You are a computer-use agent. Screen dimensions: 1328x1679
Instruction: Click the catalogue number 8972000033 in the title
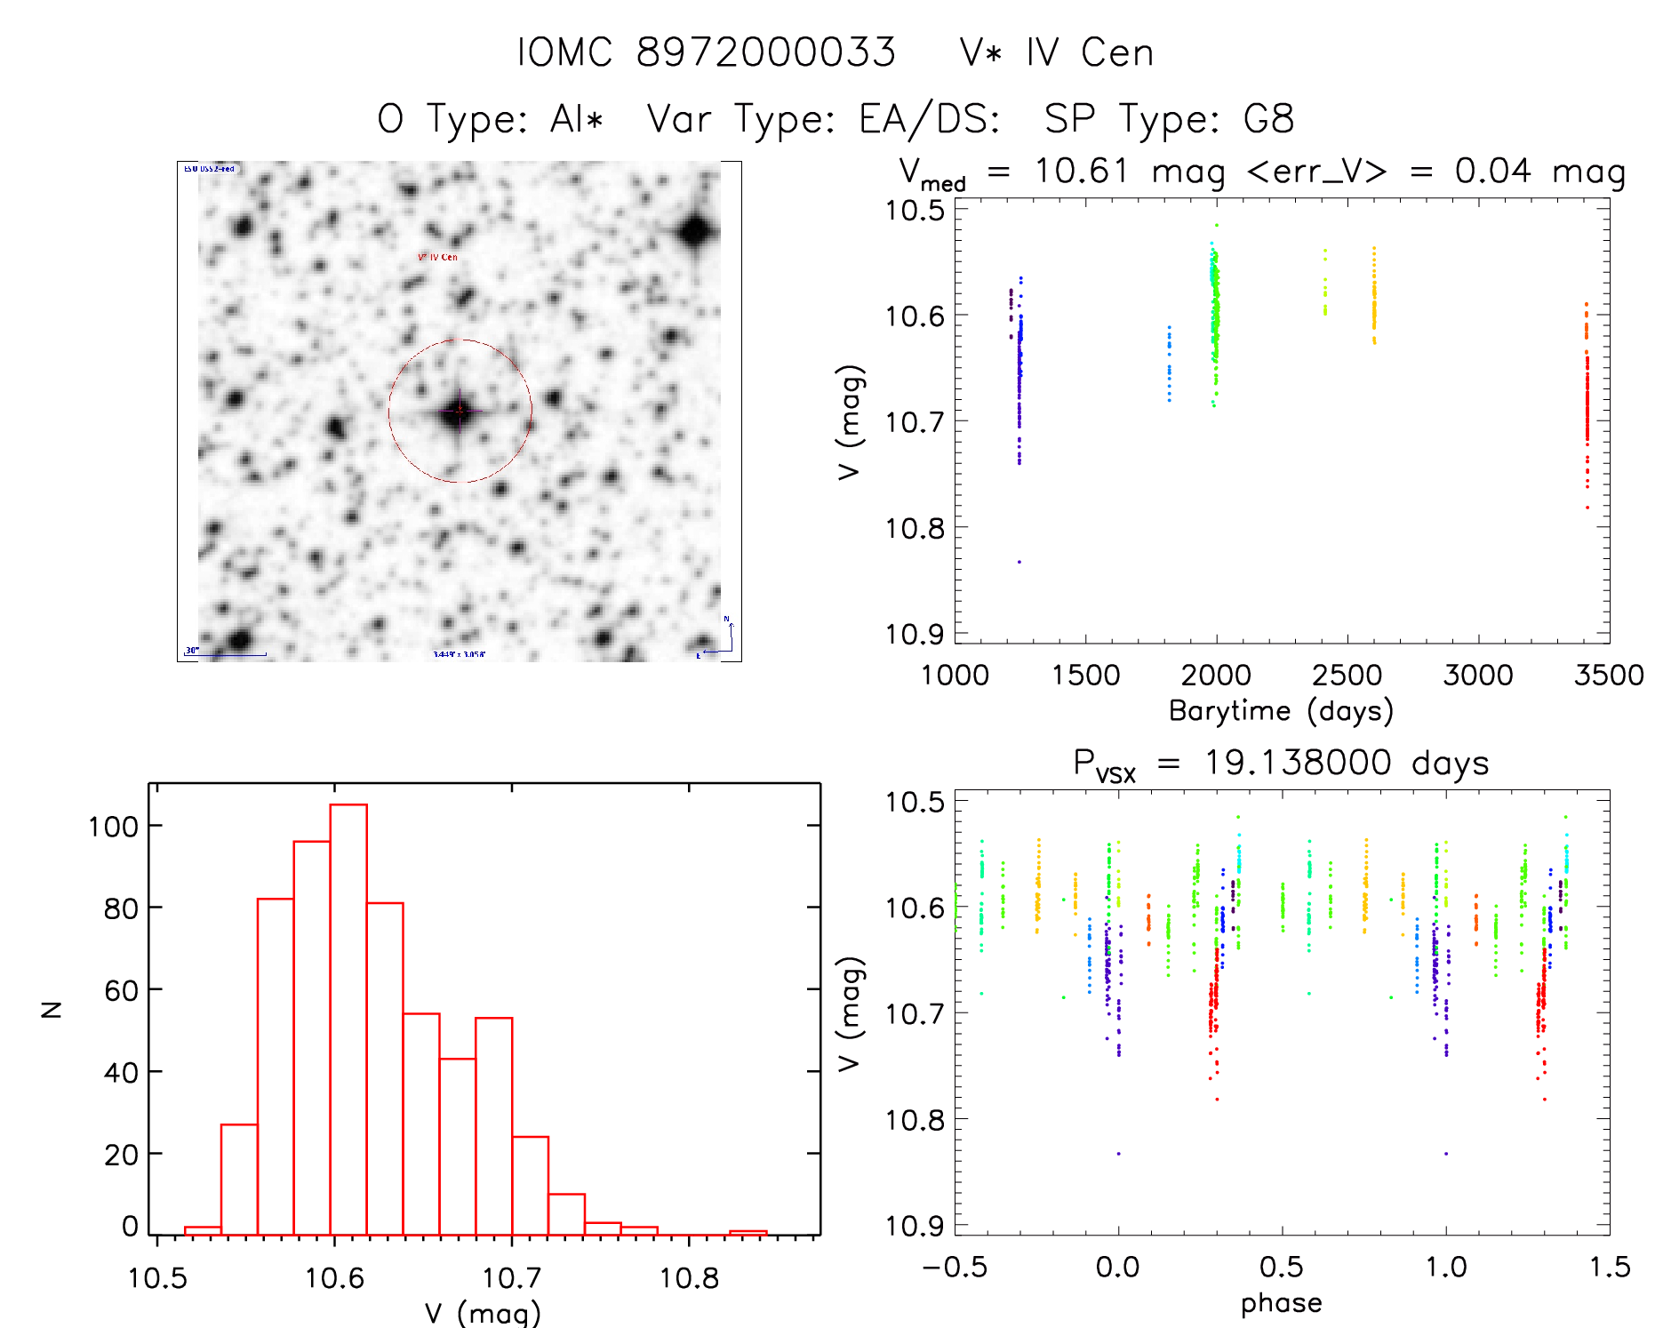[x=765, y=52]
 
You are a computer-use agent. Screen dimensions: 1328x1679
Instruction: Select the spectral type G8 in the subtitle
[x=1268, y=118]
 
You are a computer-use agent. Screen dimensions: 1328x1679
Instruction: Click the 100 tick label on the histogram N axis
[x=113, y=827]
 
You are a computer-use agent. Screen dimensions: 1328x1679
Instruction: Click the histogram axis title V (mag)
[x=482, y=1313]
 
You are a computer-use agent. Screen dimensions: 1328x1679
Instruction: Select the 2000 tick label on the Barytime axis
[x=1215, y=675]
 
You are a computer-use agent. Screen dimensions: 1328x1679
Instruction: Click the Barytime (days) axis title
[x=1281, y=710]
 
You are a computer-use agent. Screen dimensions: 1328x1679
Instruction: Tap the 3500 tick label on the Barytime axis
[x=1608, y=675]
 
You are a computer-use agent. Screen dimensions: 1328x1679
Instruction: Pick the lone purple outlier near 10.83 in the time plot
[x=1019, y=562]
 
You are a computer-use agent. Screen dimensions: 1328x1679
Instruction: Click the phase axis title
[x=1281, y=1302]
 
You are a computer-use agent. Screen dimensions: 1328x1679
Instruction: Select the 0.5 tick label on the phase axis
[x=1282, y=1267]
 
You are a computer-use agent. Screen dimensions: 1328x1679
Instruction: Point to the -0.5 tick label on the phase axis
[x=955, y=1267]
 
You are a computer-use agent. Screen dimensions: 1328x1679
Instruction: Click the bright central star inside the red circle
[x=459, y=411]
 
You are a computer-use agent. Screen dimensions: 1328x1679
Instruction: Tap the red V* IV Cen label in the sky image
[x=437, y=257]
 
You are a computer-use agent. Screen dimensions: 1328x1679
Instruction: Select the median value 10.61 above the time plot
[x=1082, y=171]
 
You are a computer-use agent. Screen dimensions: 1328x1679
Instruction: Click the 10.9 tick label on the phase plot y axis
[x=915, y=1226]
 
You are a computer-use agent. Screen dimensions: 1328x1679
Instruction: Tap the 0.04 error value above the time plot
[x=1492, y=171]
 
